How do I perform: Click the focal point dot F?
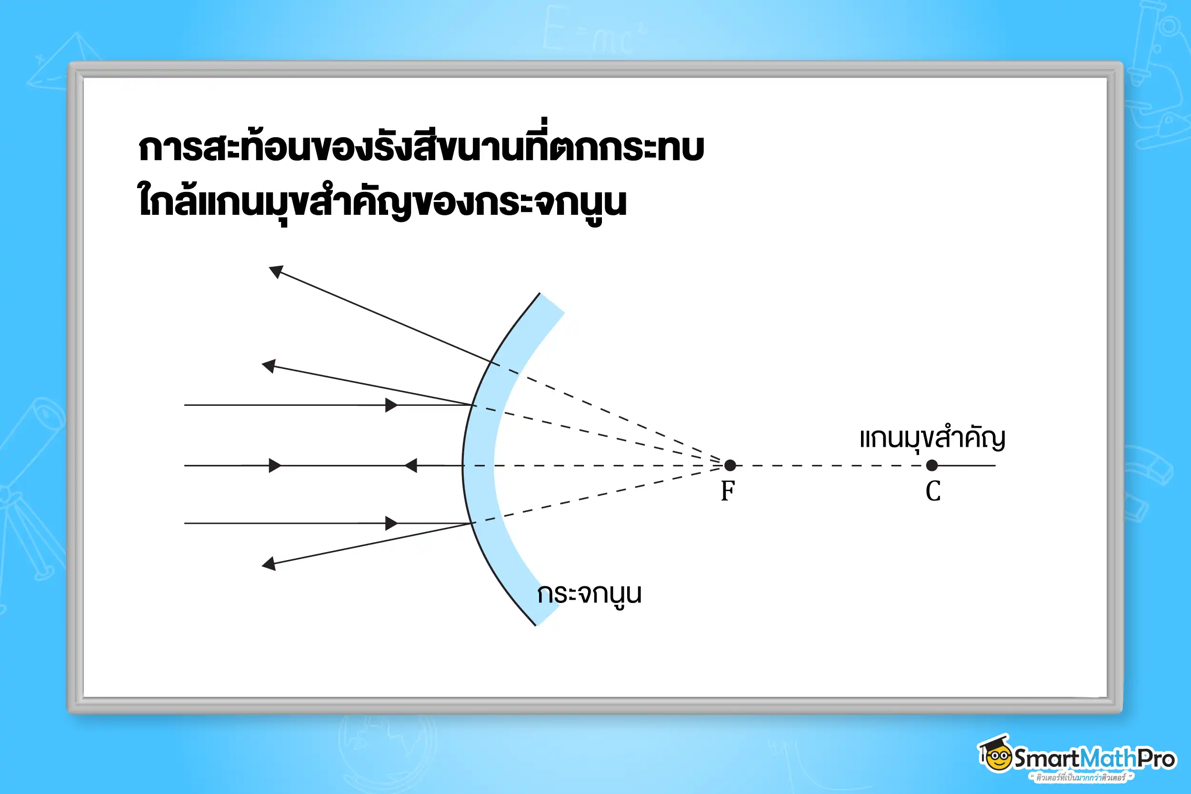point(730,465)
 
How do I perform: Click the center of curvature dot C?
point(932,465)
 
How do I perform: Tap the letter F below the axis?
point(728,491)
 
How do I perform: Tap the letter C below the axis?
point(933,491)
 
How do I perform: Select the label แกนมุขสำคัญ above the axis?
point(932,439)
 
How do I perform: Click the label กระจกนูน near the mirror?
point(589,594)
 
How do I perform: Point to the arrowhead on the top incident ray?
point(391,405)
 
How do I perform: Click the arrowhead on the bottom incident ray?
point(391,523)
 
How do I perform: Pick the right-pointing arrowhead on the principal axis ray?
point(275,465)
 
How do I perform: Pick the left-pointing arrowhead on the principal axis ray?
point(410,465)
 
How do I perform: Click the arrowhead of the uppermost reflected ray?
point(275,271)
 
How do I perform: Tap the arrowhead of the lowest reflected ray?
point(269,563)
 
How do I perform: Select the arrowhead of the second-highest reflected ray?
point(269,366)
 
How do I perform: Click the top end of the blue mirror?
point(552,303)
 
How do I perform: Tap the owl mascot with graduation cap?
point(995,754)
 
